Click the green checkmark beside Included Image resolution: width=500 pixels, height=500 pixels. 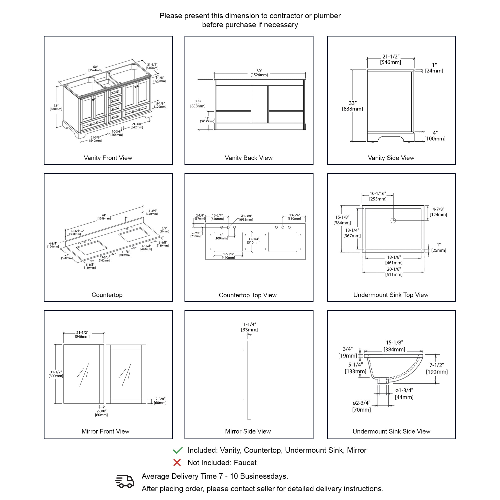coord(177,450)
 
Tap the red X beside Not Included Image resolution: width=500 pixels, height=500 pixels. coord(177,462)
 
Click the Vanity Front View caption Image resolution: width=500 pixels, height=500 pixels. coord(108,158)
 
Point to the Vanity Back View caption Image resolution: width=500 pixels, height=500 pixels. coord(248,158)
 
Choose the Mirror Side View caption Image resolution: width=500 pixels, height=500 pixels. coord(248,431)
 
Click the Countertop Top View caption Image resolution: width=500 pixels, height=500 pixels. coord(247,295)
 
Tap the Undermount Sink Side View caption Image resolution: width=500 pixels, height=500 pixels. coord(391,431)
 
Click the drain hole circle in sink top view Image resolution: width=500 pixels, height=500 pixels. coord(393,220)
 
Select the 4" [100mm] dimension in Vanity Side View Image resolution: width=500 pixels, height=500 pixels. coord(435,136)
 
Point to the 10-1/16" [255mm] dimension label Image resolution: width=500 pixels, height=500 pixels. coord(377,196)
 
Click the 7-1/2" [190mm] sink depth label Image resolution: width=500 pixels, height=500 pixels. coord(437,368)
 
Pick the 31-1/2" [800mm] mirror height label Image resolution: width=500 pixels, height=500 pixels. coord(56,374)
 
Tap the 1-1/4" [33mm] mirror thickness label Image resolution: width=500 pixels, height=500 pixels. coord(249,327)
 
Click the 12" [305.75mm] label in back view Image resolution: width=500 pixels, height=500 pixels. coord(207,120)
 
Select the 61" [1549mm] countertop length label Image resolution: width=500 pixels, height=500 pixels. coord(104,217)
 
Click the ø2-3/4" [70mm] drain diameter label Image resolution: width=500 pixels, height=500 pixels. coord(361,406)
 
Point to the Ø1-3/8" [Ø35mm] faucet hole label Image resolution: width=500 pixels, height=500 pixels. coord(246,218)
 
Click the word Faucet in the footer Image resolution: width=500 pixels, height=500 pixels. coord(245,463)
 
